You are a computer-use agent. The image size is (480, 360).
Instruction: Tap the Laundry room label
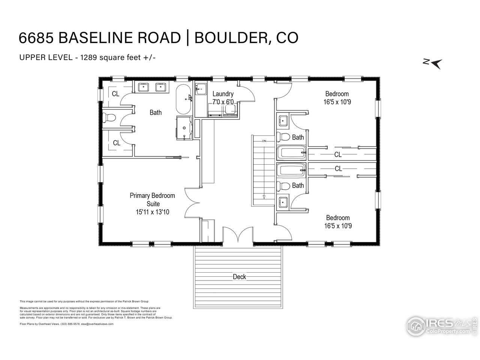tap(223, 94)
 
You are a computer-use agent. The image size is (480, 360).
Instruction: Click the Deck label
tap(239, 277)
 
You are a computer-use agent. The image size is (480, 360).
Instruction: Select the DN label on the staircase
tap(264, 141)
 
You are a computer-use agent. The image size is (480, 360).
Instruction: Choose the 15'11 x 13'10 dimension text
tap(152, 212)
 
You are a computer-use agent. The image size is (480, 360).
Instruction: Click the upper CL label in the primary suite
tap(115, 94)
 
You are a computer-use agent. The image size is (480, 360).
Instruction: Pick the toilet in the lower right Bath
tap(285, 186)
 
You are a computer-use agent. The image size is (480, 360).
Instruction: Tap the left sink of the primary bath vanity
tap(144, 87)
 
